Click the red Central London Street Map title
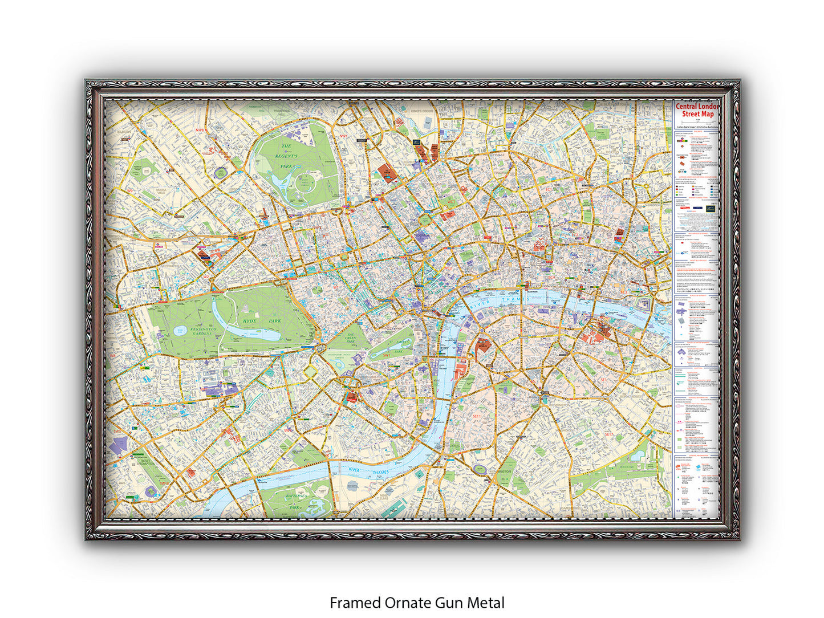(x=697, y=110)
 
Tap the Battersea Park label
(x=294, y=501)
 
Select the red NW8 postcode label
(x=200, y=131)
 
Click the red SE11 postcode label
(x=477, y=417)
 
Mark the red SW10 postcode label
(x=164, y=483)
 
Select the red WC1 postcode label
(x=451, y=201)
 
